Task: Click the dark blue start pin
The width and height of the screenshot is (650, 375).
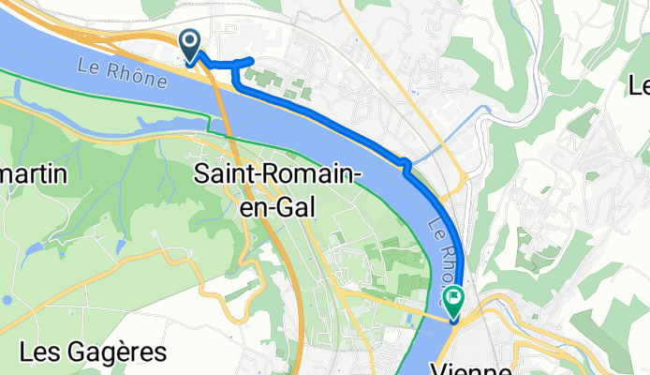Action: click(x=189, y=41)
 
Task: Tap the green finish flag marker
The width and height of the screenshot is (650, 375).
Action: click(x=453, y=300)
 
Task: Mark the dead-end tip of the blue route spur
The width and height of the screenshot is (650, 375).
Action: click(x=251, y=62)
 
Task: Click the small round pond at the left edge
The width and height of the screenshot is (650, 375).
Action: click(x=7, y=301)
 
